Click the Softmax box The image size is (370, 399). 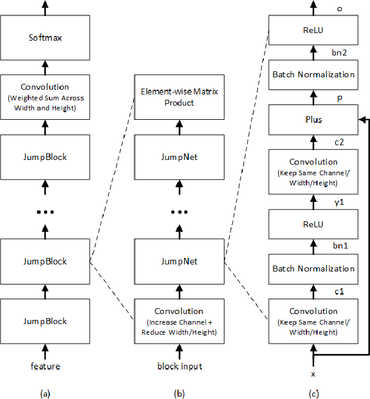click(x=45, y=38)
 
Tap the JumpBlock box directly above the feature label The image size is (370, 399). click(x=45, y=321)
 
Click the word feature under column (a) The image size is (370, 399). click(x=45, y=367)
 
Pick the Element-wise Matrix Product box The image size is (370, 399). click(x=179, y=97)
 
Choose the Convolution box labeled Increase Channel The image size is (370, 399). click(x=179, y=321)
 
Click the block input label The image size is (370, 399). click(x=179, y=367)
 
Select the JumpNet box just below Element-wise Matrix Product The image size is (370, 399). click(x=179, y=157)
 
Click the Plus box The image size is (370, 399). click(x=312, y=120)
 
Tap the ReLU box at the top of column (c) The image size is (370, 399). click(x=312, y=30)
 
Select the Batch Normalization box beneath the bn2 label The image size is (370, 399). click(x=312, y=75)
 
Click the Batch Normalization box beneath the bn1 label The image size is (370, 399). click(x=312, y=269)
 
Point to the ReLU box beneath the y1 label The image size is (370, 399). click(x=312, y=224)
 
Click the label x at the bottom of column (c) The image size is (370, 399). click(x=313, y=374)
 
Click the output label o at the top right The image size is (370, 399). click(x=339, y=8)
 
